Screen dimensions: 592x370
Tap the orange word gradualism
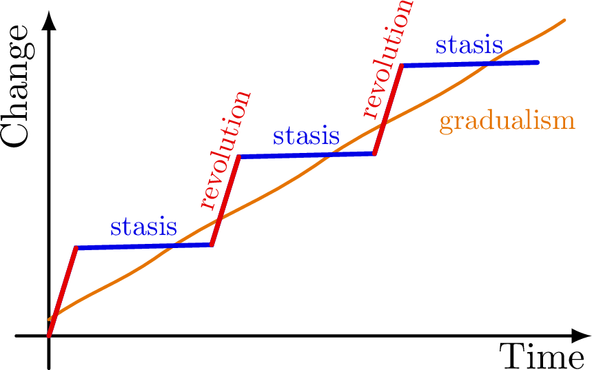(x=507, y=121)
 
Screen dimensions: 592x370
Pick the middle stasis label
(x=306, y=136)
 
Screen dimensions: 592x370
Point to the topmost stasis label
(x=469, y=46)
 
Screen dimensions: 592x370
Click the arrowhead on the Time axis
(x=581, y=336)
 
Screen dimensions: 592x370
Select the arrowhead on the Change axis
(x=49, y=21)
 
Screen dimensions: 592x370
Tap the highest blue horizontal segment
(x=469, y=64)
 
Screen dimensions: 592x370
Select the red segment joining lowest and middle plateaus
(x=225, y=201)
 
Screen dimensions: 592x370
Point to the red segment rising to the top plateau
(x=388, y=110)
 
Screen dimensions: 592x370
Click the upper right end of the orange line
(x=564, y=21)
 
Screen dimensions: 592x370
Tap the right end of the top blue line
(x=538, y=63)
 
